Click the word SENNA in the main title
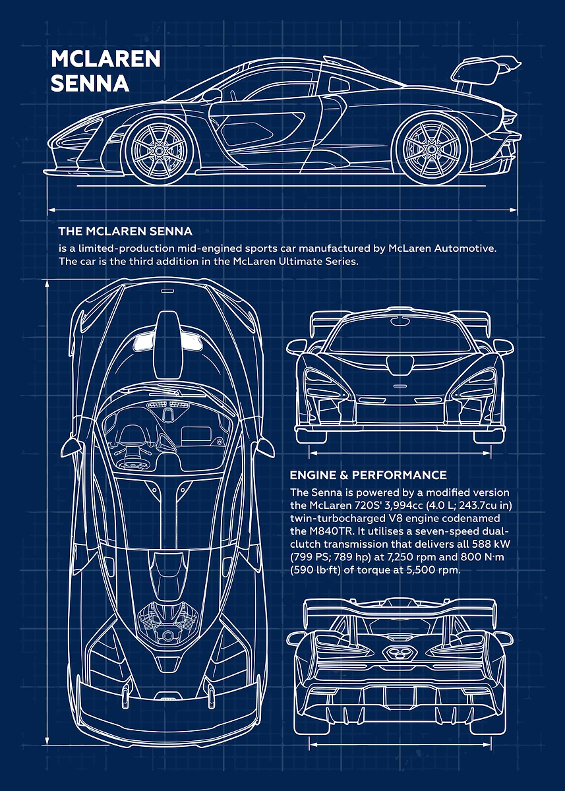(x=90, y=83)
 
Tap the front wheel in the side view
(x=160, y=151)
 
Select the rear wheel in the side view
(x=431, y=150)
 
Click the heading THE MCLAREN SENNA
(x=125, y=231)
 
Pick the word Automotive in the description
(x=465, y=249)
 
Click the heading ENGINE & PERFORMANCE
(x=369, y=475)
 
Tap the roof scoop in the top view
(x=169, y=345)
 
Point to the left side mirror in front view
(x=297, y=347)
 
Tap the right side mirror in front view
(x=503, y=347)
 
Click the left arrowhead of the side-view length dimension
(x=51, y=210)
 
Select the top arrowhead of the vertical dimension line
(x=47, y=283)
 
